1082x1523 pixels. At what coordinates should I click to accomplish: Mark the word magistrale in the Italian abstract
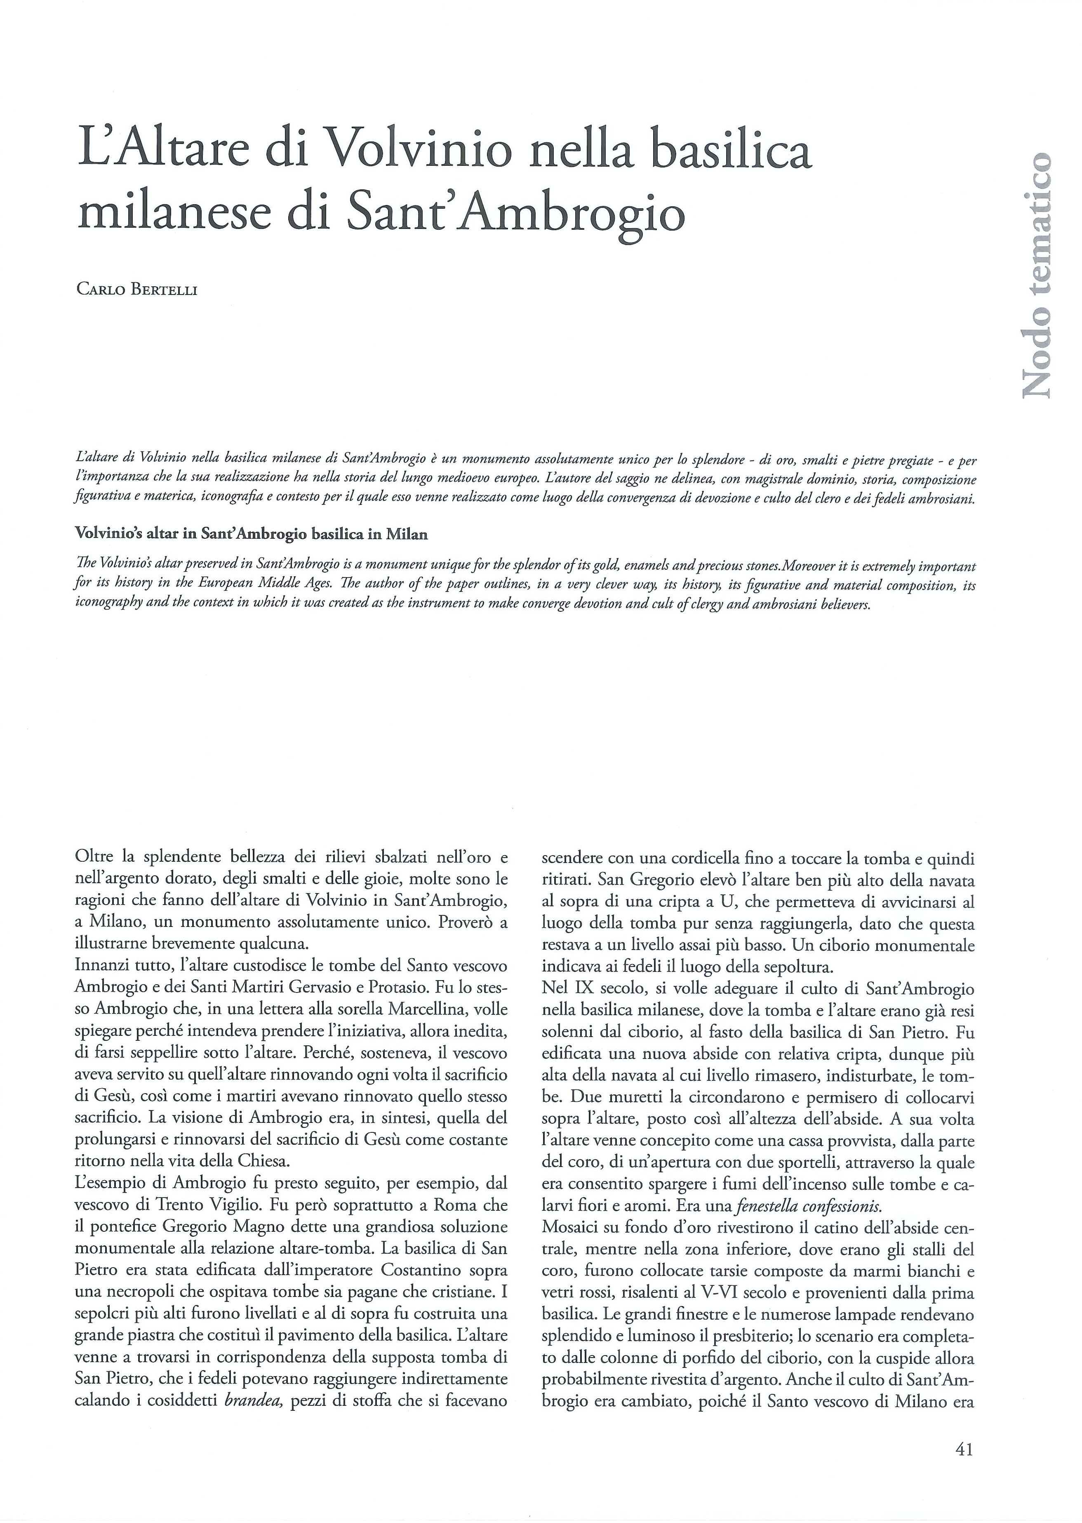point(757,479)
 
